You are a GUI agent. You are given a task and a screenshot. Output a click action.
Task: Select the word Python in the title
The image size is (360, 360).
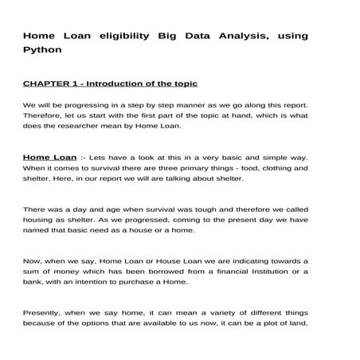pyautogui.click(x=43, y=49)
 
